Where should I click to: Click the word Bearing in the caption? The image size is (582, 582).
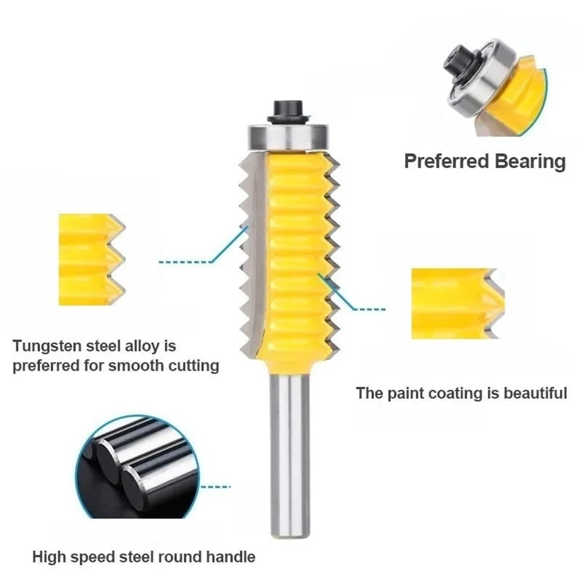point(530,161)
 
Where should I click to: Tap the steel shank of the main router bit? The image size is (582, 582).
point(289,448)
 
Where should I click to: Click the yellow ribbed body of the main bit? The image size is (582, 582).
point(294,250)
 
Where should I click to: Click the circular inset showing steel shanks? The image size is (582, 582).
point(137,466)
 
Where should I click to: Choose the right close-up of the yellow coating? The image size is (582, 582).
point(454,303)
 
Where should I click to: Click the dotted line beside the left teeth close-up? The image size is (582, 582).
point(186,262)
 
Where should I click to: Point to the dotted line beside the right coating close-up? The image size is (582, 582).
point(370,308)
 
